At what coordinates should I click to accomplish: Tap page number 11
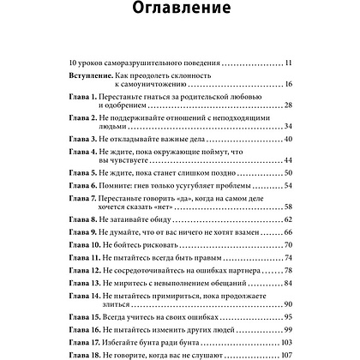(x=287, y=63)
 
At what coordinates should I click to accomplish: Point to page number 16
(x=287, y=86)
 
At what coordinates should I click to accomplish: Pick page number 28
(x=287, y=104)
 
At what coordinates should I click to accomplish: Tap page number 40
(x=287, y=140)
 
